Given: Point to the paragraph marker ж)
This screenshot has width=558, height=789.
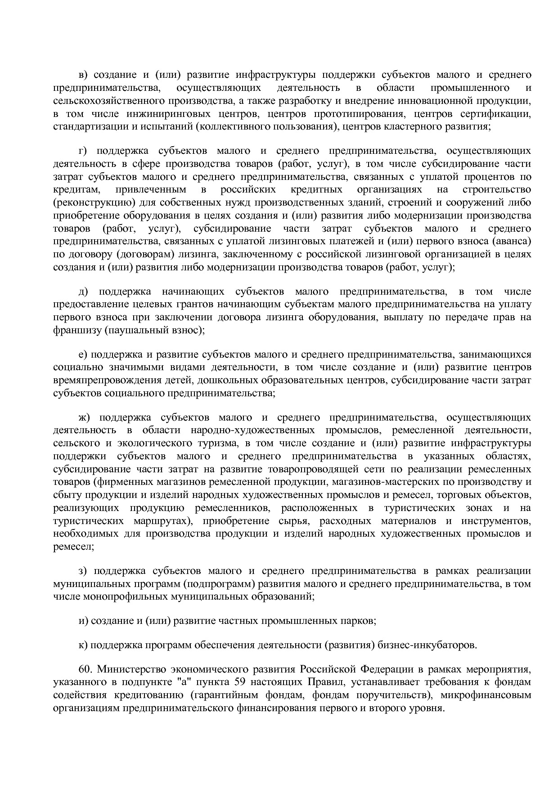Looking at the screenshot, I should point(84,418).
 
